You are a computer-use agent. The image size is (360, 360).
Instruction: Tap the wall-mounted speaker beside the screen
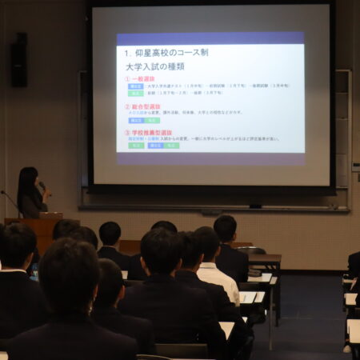(19, 59)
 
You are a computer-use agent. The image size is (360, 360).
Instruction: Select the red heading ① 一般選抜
(140, 79)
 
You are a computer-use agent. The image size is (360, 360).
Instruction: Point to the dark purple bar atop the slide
(210, 38)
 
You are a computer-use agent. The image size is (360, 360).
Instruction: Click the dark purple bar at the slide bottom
(210, 158)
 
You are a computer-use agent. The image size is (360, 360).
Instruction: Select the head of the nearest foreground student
(69, 276)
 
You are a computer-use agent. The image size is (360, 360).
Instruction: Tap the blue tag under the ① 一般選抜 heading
(136, 86)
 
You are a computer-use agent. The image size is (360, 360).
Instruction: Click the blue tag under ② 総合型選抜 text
(136, 120)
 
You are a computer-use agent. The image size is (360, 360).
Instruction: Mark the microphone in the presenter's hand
(42, 186)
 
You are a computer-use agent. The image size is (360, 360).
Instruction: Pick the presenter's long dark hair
(26, 182)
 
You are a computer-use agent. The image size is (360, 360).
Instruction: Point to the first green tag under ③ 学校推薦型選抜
(136, 146)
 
